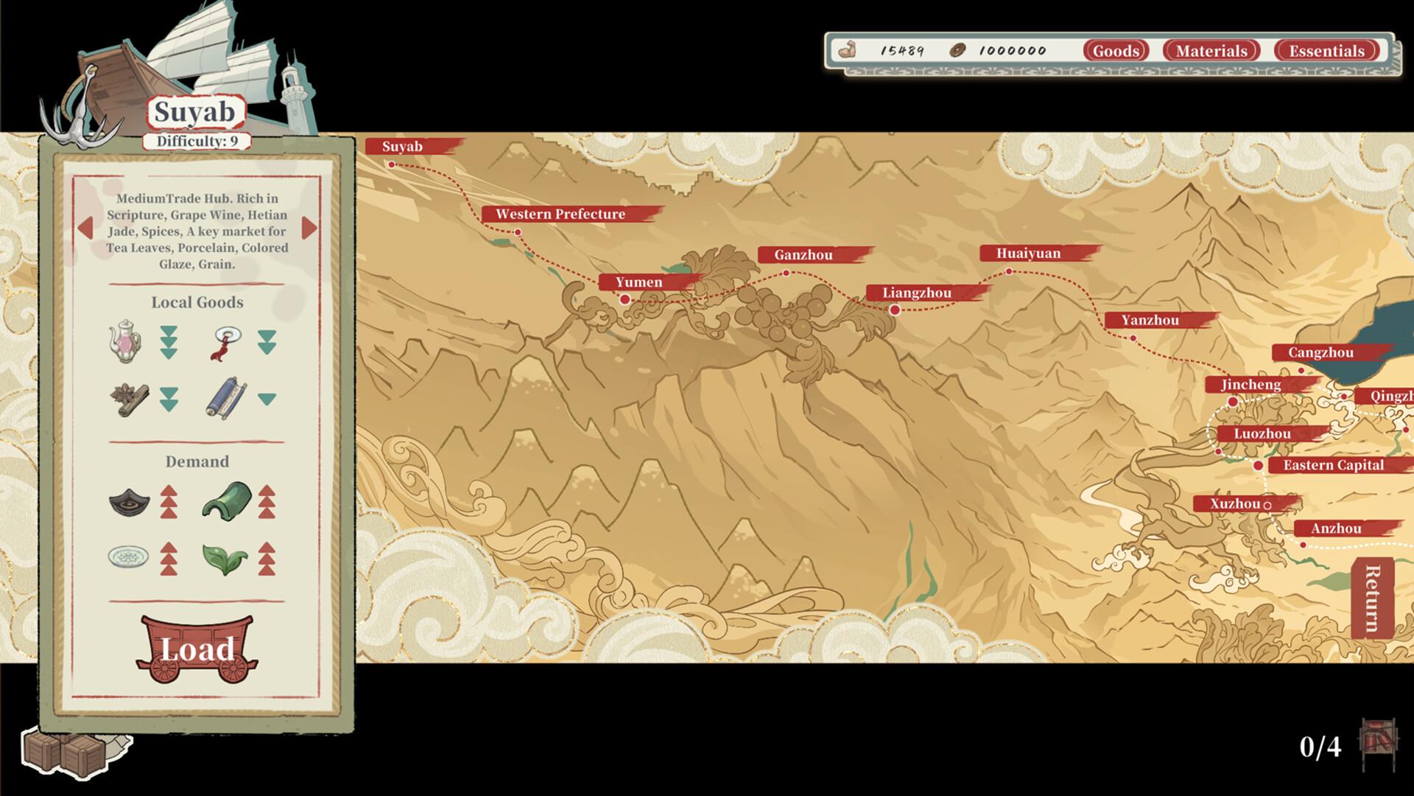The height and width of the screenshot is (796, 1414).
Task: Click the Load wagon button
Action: (197, 649)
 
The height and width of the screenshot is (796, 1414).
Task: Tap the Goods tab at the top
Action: (1116, 51)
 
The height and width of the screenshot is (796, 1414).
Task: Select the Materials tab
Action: (1211, 51)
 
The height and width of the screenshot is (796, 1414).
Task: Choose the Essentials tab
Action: (1326, 51)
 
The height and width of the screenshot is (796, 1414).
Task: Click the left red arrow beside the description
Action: (85, 228)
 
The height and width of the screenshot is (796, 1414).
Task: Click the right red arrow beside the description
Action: (309, 228)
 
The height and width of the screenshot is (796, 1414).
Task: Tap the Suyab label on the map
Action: (403, 147)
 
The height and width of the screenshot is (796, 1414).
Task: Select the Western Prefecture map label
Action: (560, 214)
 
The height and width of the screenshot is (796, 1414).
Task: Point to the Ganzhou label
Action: (803, 255)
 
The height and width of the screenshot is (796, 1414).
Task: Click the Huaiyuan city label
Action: (1028, 254)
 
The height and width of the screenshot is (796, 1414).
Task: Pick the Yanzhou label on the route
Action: (1150, 321)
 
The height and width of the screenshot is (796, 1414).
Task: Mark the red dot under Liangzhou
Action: (895, 310)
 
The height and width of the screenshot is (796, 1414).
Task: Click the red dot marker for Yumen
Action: (625, 299)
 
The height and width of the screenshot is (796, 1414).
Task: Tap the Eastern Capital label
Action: (1333, 465)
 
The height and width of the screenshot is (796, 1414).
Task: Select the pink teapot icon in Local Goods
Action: (126, 341)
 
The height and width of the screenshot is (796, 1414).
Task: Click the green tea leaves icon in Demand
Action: (225, 558)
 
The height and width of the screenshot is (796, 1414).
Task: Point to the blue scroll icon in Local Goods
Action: (225, 399)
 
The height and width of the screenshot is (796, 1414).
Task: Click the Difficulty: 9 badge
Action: (197, 141)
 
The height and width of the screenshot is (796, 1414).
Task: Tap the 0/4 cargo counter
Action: (1320, 747)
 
